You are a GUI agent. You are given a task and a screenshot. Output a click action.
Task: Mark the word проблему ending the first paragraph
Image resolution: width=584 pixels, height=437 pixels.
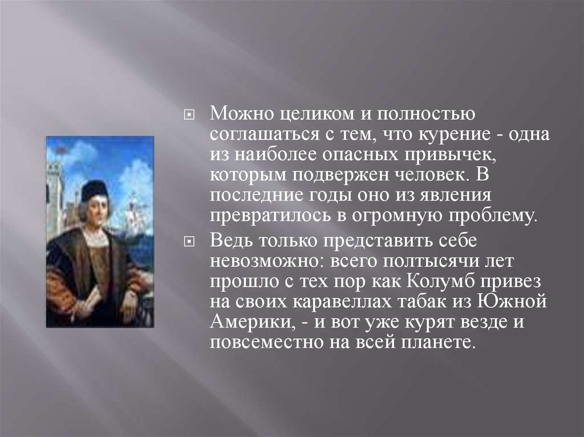point(493,216)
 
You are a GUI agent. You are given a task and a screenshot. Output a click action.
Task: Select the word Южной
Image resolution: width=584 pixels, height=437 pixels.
point(512,301)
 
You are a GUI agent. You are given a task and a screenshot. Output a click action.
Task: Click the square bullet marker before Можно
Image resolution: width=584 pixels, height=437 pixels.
point(189,116)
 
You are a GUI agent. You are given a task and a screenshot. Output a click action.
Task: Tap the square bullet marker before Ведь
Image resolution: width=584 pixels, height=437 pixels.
point(189,242)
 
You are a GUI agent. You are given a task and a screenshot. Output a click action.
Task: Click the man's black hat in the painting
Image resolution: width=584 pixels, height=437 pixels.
point(94,191)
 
